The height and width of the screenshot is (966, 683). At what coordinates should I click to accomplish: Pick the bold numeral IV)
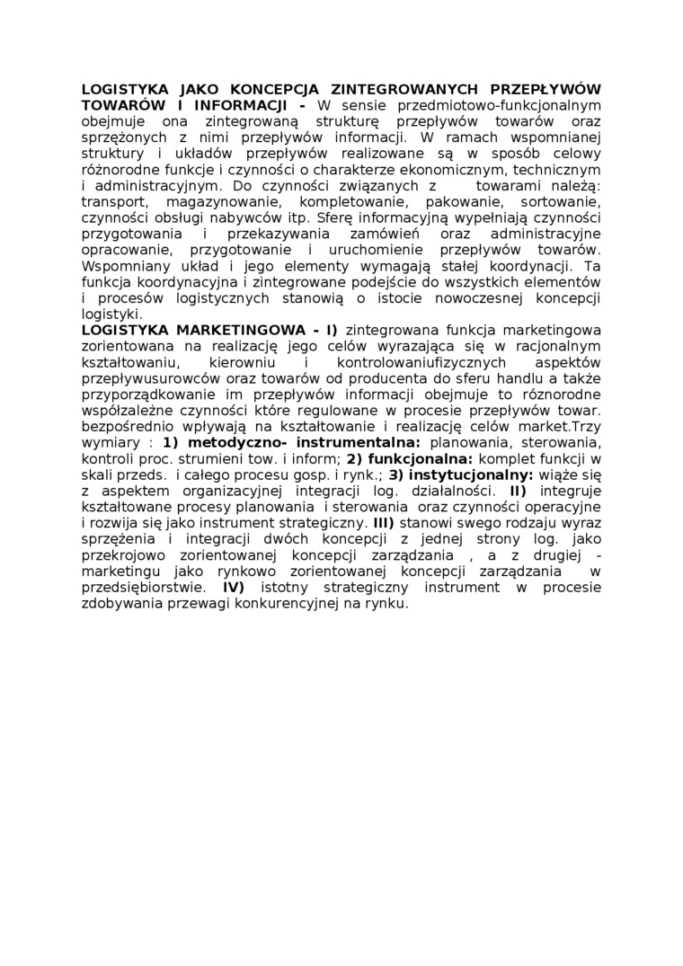(233, 588)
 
